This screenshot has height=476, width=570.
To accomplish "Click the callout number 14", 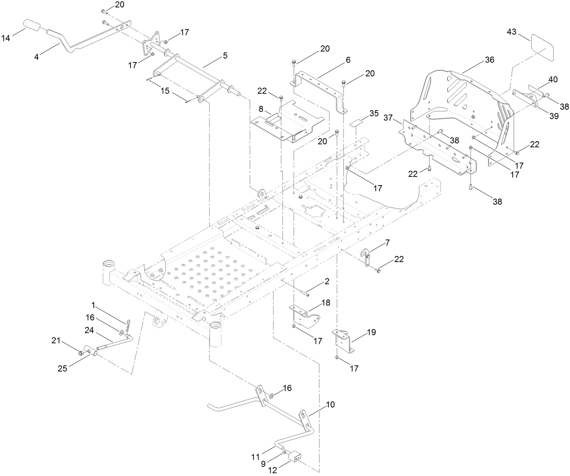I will pyautogui.click(x=6, y=38).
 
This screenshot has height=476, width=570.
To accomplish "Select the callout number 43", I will pyautogui.click(x=511, y=33).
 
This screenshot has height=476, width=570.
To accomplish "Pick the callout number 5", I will pyautogui.click(x=225, y=55).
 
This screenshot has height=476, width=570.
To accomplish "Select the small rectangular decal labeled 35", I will pyautogui.click(x=355, y=124).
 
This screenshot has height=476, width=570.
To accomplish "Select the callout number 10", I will pyautogui.click(x=330, y=404).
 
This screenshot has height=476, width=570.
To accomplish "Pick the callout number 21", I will pyautogui.click(x=56, y=341).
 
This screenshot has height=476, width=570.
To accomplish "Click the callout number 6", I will pyautogui.click(x=348, y=60).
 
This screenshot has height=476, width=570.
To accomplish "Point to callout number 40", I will pyautogui.click(x=553, y=80).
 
